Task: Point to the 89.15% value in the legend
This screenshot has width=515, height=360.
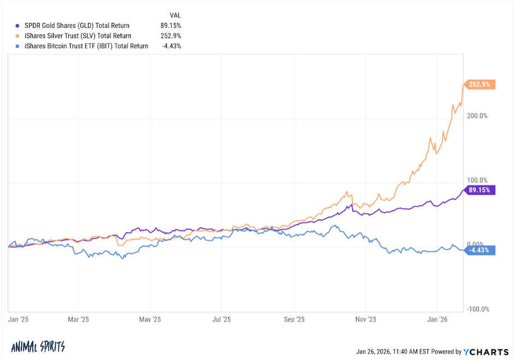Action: pos(170,26)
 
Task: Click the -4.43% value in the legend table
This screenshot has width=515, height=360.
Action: pos(171,46)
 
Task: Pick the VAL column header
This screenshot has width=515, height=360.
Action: pos(175,15)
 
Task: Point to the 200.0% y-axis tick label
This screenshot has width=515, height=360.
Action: pos(478,116)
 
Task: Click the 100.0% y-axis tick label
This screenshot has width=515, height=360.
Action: pos(478,181)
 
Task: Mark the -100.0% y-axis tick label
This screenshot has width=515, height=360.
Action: pos(477,309)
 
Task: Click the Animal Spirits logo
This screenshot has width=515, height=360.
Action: pos(38,347)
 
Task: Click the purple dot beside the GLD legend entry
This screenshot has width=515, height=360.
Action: pos(17,26)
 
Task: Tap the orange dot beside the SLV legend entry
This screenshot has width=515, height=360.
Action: pos(17,36)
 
